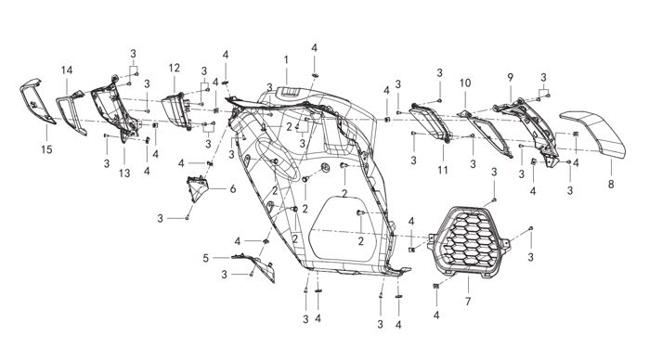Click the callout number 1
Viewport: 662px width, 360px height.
[286, 60]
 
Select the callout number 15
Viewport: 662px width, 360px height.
[46, 149]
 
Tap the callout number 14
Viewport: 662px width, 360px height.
[67, 71]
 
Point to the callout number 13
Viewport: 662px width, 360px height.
[124, 173]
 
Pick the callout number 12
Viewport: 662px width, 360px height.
[175, 68]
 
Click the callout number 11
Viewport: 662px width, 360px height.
[443, 170]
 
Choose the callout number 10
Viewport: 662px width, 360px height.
[465, 84]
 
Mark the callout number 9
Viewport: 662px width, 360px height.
[511, 78]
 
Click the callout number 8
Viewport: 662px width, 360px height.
[611, 185]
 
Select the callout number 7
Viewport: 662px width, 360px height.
[468, 302]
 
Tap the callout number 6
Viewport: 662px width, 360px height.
[233, 189]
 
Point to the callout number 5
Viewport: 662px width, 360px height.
[205, 258]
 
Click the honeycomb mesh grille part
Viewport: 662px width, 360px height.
[470, 240]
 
